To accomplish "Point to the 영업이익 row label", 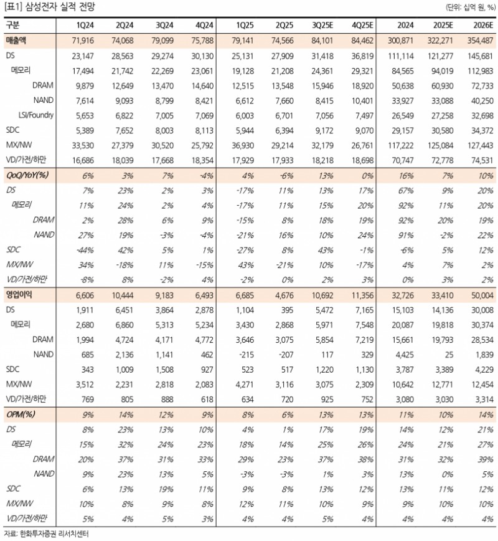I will (x=19, y=292).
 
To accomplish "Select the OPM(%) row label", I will (x=20, y=413).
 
